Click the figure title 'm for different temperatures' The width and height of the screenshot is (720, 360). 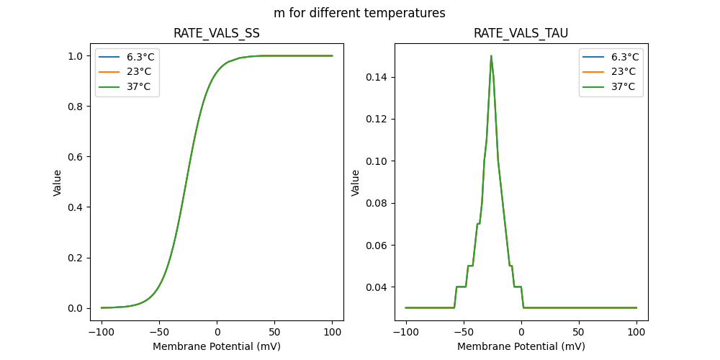[359, 13]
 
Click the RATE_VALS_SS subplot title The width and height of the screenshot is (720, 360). [217, 33]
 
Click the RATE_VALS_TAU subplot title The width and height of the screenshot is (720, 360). [521, 33]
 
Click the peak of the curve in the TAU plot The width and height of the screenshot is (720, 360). [491, 56]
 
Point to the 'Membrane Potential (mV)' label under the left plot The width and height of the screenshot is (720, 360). [217, 346]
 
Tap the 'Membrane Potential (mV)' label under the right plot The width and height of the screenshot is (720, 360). [521, 346]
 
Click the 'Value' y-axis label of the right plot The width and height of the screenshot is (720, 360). [355, 183]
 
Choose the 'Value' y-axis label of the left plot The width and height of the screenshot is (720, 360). [58, 183]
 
